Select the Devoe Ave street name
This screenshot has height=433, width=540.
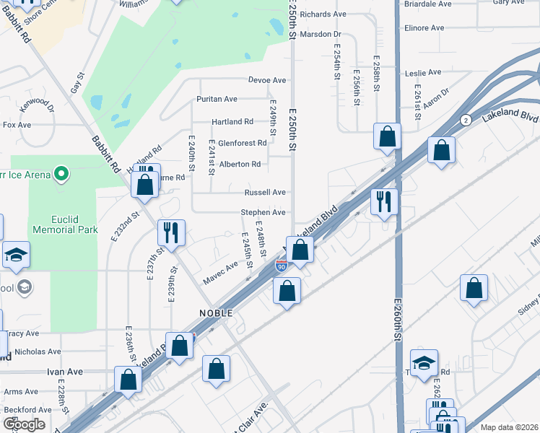point(267,80)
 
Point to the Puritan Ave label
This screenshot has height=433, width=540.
point(217,99)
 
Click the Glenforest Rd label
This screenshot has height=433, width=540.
point(243,143)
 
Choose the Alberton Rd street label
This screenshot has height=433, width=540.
point(240,165)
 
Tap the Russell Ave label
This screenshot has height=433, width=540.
point(265,193)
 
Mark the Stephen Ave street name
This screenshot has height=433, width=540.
point(264,213)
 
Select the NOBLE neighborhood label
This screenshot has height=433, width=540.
point(216,313)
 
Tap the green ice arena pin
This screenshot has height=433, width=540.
point(62,173)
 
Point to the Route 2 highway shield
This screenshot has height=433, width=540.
point(466,120)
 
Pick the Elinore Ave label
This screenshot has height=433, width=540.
point(424,28)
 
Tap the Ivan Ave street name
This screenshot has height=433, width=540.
point(65,372)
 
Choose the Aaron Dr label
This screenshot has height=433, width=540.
point(436,99)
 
